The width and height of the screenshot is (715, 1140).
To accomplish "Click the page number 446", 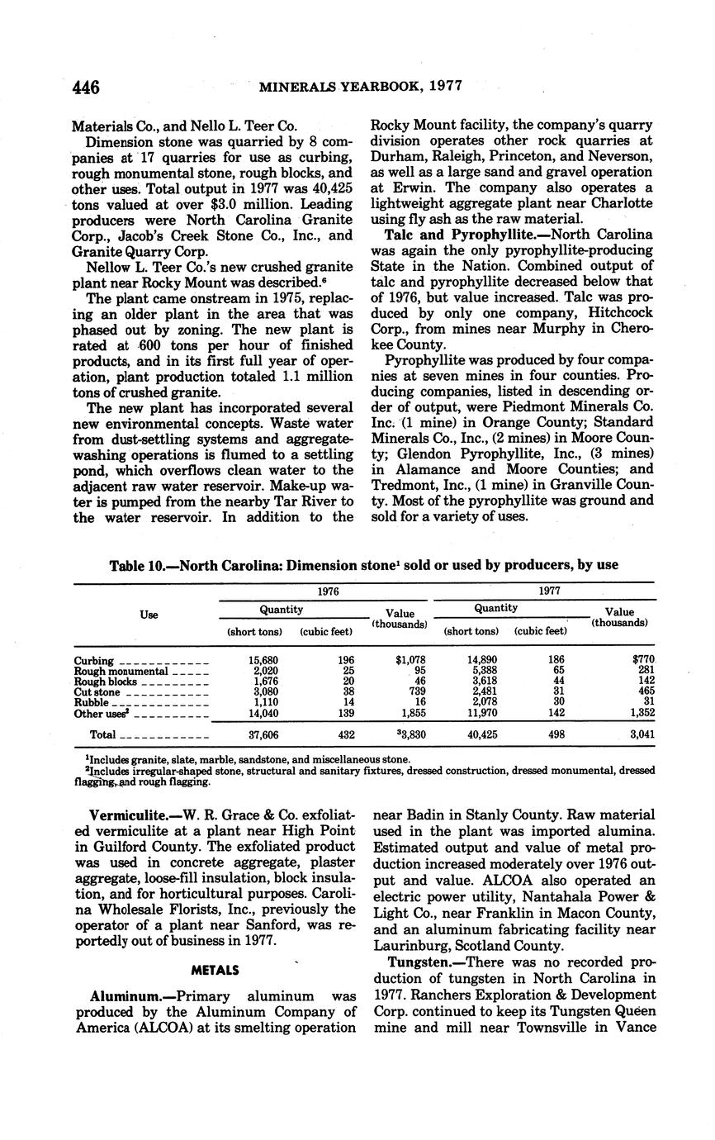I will (x=86, y=87).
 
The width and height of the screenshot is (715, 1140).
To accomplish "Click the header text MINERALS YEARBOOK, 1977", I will (x=361, y=86).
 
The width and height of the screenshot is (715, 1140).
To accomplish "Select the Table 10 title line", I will (x=364, y=565).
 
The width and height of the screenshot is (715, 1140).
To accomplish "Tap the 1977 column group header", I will (x=545, y=591).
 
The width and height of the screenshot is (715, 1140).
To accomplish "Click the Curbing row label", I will (x=94, y=661).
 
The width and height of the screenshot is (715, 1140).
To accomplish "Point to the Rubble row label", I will (x=92, y=702).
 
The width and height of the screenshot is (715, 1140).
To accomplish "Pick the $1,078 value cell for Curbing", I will (x=409, y=661).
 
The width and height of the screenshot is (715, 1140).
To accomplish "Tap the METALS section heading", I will (x=215, y=970).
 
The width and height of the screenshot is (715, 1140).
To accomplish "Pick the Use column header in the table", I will (x=149, y=615).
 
